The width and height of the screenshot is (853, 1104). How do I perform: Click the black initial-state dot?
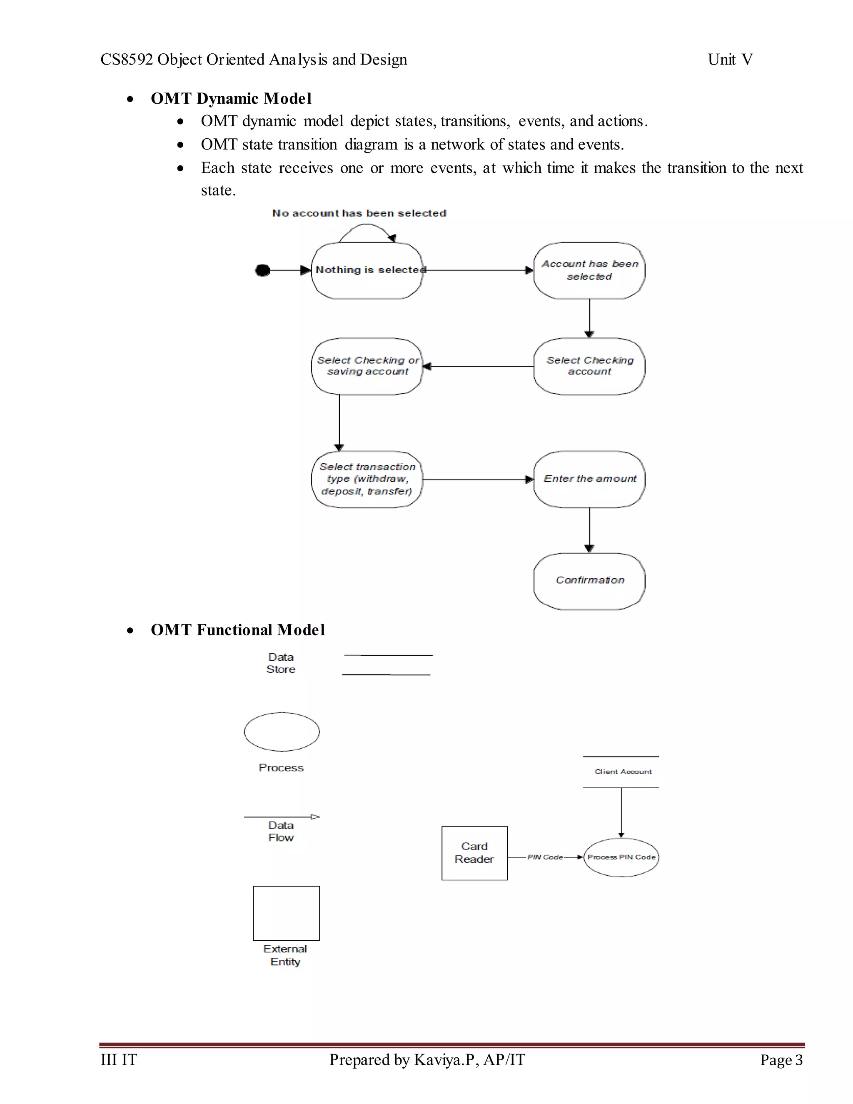coord(262,270)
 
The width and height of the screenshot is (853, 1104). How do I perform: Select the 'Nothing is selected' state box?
coord(367,270)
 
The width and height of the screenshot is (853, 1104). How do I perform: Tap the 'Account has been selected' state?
coord(589,270)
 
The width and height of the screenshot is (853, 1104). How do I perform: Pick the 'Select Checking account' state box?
coord(589,366)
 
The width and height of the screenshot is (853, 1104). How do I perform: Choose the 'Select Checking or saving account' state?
coord(367,366)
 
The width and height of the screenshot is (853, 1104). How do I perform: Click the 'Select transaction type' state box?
coord(367,479)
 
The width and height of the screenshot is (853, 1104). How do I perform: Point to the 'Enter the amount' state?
coord(589,479)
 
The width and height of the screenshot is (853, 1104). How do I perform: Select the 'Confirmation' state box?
coord(589,581)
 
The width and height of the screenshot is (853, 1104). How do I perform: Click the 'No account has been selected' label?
coord(359,213)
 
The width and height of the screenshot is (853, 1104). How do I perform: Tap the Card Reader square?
coord(474,853)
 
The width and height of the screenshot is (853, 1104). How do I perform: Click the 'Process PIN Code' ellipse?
coord(621,857)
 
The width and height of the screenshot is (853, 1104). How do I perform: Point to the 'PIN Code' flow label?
coord(545,857)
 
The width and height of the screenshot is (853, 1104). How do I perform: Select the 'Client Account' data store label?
coord(623,772)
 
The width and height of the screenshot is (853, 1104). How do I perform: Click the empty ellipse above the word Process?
coord(282,732)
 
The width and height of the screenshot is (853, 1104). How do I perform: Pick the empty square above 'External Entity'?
coord(286,913)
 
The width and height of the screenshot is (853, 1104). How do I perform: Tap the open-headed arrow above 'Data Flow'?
coord(282,817)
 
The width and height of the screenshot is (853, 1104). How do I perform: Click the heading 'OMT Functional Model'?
coord(237,630)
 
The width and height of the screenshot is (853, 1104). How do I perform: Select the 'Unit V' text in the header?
coord(730,60)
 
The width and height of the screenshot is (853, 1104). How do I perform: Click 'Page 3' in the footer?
coord(781,1059)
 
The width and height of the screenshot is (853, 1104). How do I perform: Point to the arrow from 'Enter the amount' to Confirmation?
coord(589,530)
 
